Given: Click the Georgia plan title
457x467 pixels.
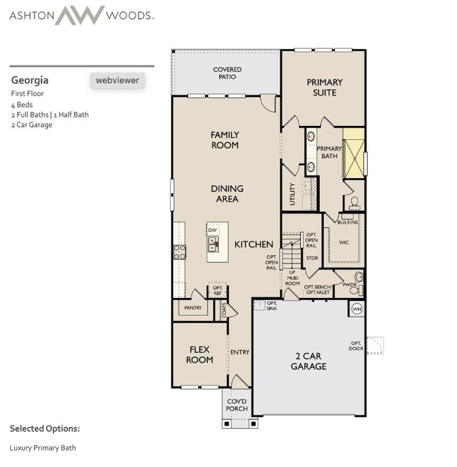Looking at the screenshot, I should pyautogui.click(x=30, y=81).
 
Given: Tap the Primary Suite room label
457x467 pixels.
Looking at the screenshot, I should pyautogui.click(x=324, y=88).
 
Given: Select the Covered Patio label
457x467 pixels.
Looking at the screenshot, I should pyautogui.click(x=227, y=73).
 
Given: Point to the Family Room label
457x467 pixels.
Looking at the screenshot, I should pyautogui.click(x=225, y=140).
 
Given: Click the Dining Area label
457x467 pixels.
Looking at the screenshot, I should pyautogui.click(x=227, y=194).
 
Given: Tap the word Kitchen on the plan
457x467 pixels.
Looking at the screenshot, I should pyautogui.click(x=254, y=244).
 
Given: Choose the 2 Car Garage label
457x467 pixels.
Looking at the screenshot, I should pyautogui.click(x=308, y=362).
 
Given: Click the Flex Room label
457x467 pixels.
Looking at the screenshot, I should pyautogui.click(x=199, y=355).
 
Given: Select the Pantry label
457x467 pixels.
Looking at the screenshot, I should pyautogui.click(x=193, y=308).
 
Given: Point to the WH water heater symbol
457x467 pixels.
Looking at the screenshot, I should pyautogui.click(x=355, y=309).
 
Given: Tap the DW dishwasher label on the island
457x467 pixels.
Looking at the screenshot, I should pyautogui.click(x=212, y=230).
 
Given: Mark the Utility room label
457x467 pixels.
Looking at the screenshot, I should pyautogui.click(x=292, y=194).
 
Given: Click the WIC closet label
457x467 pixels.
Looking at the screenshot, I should pyautogui.click(x=344, y=242).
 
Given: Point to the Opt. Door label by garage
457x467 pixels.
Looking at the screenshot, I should pyautogui.click(x=355, y=346).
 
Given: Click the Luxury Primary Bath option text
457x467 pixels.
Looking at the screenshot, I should pyautogui.click(x=43, y=448).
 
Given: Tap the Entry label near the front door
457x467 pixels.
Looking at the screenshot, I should pyautogui.click(x=240, y=353).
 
